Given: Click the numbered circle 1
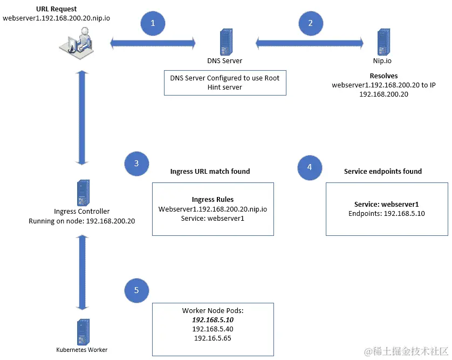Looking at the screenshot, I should pyautogui.click(x=153, y=23).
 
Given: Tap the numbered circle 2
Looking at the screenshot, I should pyautogui.click(x=310, y=23).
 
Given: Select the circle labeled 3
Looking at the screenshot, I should pyautogui.click(x=136, y=164).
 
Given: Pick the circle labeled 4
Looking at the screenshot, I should pyautogui.click(x=310, y=167).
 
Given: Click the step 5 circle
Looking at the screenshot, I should pyautogui.click(x=136, y=290).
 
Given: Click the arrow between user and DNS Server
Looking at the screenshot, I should pyautogui.click(x=153, y=41).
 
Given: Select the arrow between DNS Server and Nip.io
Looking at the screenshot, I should pyautogui.click(x=310, y=41).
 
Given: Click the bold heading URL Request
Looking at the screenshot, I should pyautogui.click(x=56, y=9).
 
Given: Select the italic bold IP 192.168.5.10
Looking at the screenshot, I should pyautogui.click(x=212, y=320).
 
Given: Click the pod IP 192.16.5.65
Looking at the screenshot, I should pyautogui.click(x=212, y=338).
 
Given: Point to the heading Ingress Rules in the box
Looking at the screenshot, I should pyautogui.click(x=213, y=199).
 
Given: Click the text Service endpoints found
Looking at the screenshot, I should pyautogui.click(x=382, y=172).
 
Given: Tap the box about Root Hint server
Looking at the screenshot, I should pyautogui.click(x=224, y=83).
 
